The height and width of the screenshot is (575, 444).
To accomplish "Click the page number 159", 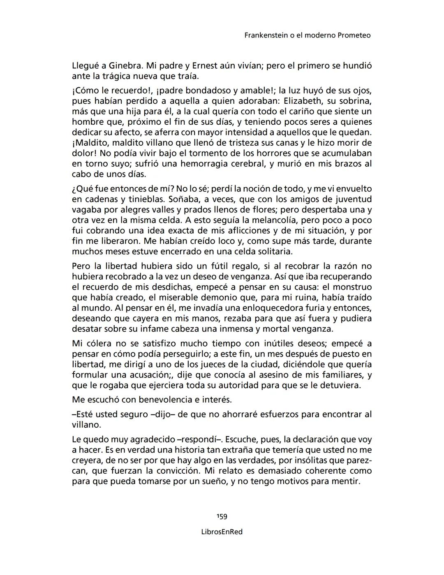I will [x=222, y=516].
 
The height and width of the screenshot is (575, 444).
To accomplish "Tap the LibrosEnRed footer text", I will [x=222, y=532].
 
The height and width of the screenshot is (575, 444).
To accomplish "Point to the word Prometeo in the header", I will [x=354, y=35].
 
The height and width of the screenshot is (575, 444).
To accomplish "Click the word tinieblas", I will [x=145, y=199].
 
